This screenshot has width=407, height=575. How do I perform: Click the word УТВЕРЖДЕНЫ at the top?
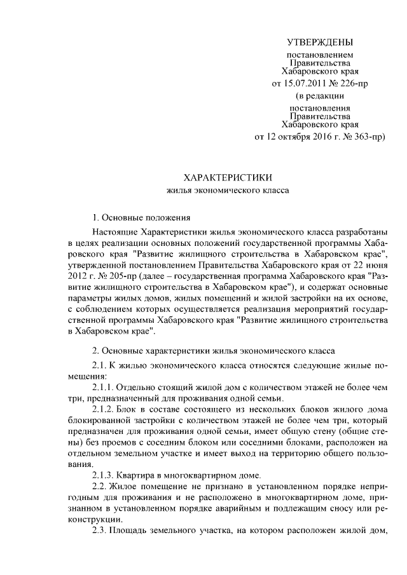click(x=319, y=43)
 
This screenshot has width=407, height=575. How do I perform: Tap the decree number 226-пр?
click(x=353, y=84)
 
